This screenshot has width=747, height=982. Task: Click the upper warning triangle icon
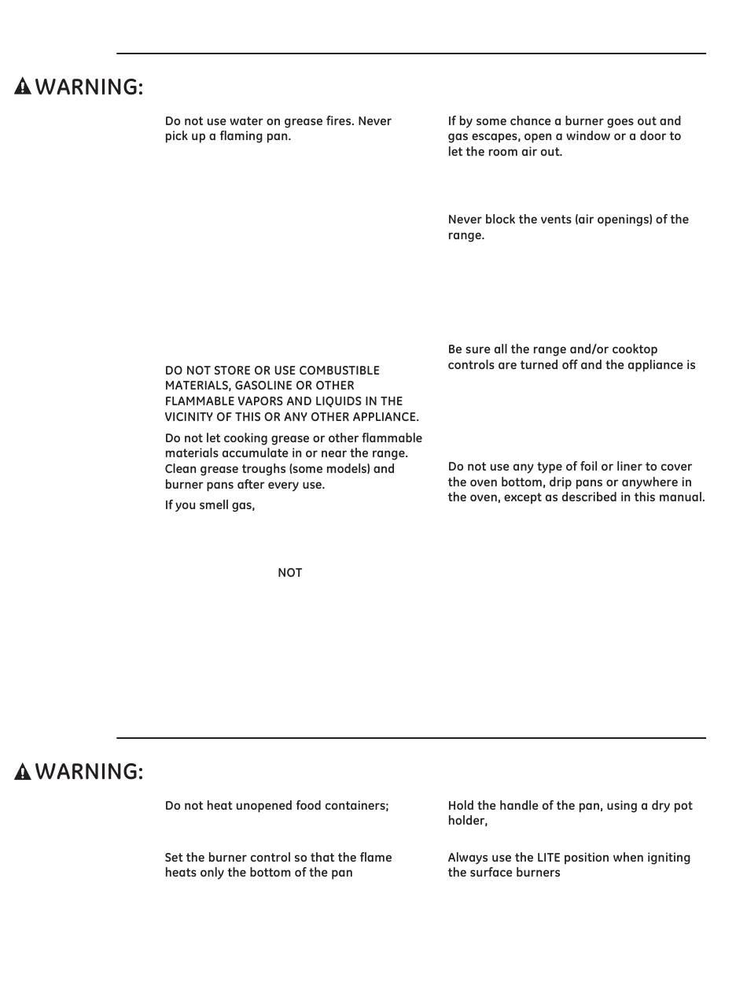coord(23,87)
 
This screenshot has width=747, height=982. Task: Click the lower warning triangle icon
coord(23,771)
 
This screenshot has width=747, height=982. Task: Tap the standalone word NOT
coord(289,573)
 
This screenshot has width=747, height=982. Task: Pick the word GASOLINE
coord(263,386)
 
